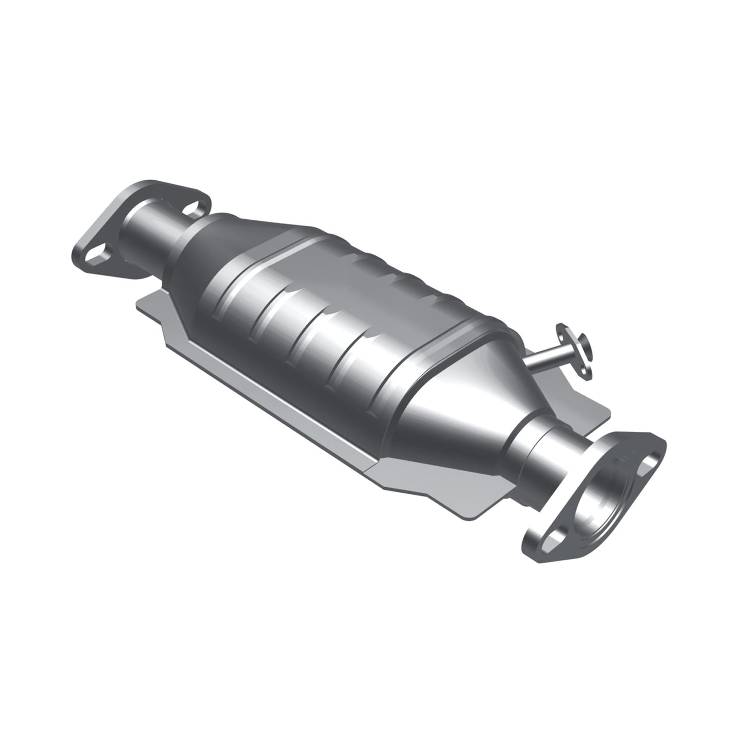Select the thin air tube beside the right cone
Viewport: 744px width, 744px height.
546,359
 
